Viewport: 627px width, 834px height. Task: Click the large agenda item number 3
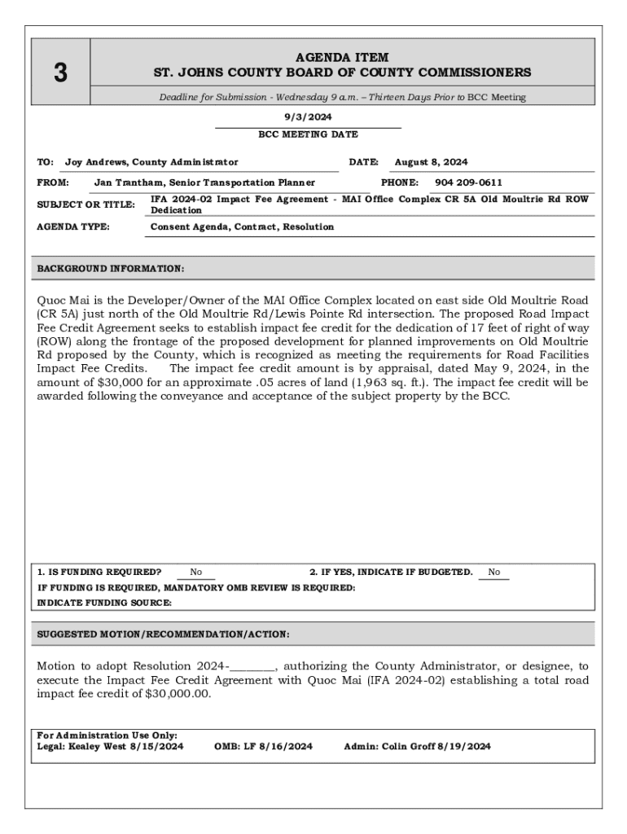(60, 73)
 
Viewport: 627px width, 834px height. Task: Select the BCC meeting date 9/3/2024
(308, 117)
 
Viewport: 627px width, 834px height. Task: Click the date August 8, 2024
(431, 162)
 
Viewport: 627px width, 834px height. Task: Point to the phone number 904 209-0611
(468, 182)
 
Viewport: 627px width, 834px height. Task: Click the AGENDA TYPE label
(73, 226)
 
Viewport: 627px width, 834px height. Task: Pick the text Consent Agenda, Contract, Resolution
(242, 226)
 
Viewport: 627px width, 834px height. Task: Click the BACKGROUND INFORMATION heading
(111, 268)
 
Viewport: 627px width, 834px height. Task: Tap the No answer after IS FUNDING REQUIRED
(196, 573)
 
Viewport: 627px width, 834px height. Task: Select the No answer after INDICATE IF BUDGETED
(494, 573)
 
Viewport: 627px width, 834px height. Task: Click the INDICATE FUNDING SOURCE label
(105, 603)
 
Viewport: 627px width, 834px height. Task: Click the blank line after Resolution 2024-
(253, 666)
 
